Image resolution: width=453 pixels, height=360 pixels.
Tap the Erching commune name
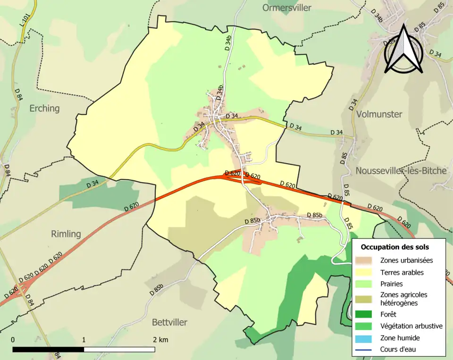point(45,108)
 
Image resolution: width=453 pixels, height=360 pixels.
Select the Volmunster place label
point(379,114)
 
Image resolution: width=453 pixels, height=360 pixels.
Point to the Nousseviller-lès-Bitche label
point(401,171)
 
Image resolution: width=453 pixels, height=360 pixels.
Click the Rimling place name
point(66,234)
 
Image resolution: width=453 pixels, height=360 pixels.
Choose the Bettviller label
point(169,322)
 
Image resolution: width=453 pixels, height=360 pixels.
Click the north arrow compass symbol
point(403,50)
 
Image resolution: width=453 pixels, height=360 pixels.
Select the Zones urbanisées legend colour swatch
point(364,260)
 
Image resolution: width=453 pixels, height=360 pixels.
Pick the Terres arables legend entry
point(402,272)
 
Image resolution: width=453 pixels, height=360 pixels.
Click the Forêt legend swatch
point(364,314)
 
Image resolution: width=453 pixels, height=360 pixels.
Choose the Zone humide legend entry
point(400,338)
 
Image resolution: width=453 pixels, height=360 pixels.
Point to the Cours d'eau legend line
point(364,350)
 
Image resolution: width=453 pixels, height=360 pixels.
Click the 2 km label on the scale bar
point(160,340)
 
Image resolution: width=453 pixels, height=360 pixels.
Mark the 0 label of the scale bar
point(13,340)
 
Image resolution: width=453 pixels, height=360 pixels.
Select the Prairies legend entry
point(391,284)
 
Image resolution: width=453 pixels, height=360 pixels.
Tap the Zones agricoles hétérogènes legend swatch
point(364,298)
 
